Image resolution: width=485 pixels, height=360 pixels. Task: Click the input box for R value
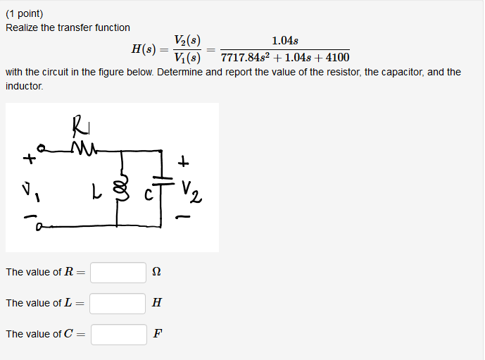[x=118, y=273]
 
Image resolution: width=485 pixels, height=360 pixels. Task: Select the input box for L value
[x=118, y=304]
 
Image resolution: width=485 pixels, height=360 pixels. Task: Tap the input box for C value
[x=118, y=335]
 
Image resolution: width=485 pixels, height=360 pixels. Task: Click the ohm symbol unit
[x=156, y=273]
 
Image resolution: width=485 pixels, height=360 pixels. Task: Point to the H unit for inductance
[x=156, y=303]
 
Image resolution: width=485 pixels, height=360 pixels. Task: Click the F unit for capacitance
[x=157, y=334]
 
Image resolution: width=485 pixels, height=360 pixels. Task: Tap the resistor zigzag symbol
[x=83, y=148]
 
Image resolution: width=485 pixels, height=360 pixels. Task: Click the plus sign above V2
[x=184, y=163]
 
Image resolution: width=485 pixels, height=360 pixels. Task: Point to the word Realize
[x=23, y=27]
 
